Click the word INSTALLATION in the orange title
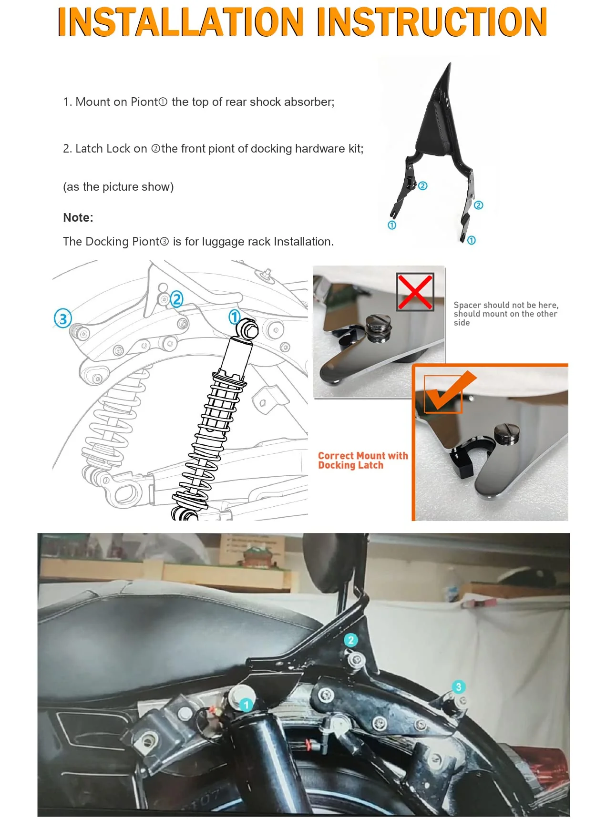coord(180,22)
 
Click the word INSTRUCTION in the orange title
coord(432,22)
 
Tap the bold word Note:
coord(78,217)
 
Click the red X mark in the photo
coord(415,292)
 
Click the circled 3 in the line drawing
coord(63,318)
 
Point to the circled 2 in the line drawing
coord(176,299)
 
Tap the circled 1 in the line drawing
coord(234,317)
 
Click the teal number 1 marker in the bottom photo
coord(246,705)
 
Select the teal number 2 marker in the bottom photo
coord(351,640)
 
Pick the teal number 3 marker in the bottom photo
coord(458,687)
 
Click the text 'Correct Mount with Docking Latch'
coord(363,461)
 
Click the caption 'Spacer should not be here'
coord(506,305)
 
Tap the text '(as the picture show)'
coord(118,187)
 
